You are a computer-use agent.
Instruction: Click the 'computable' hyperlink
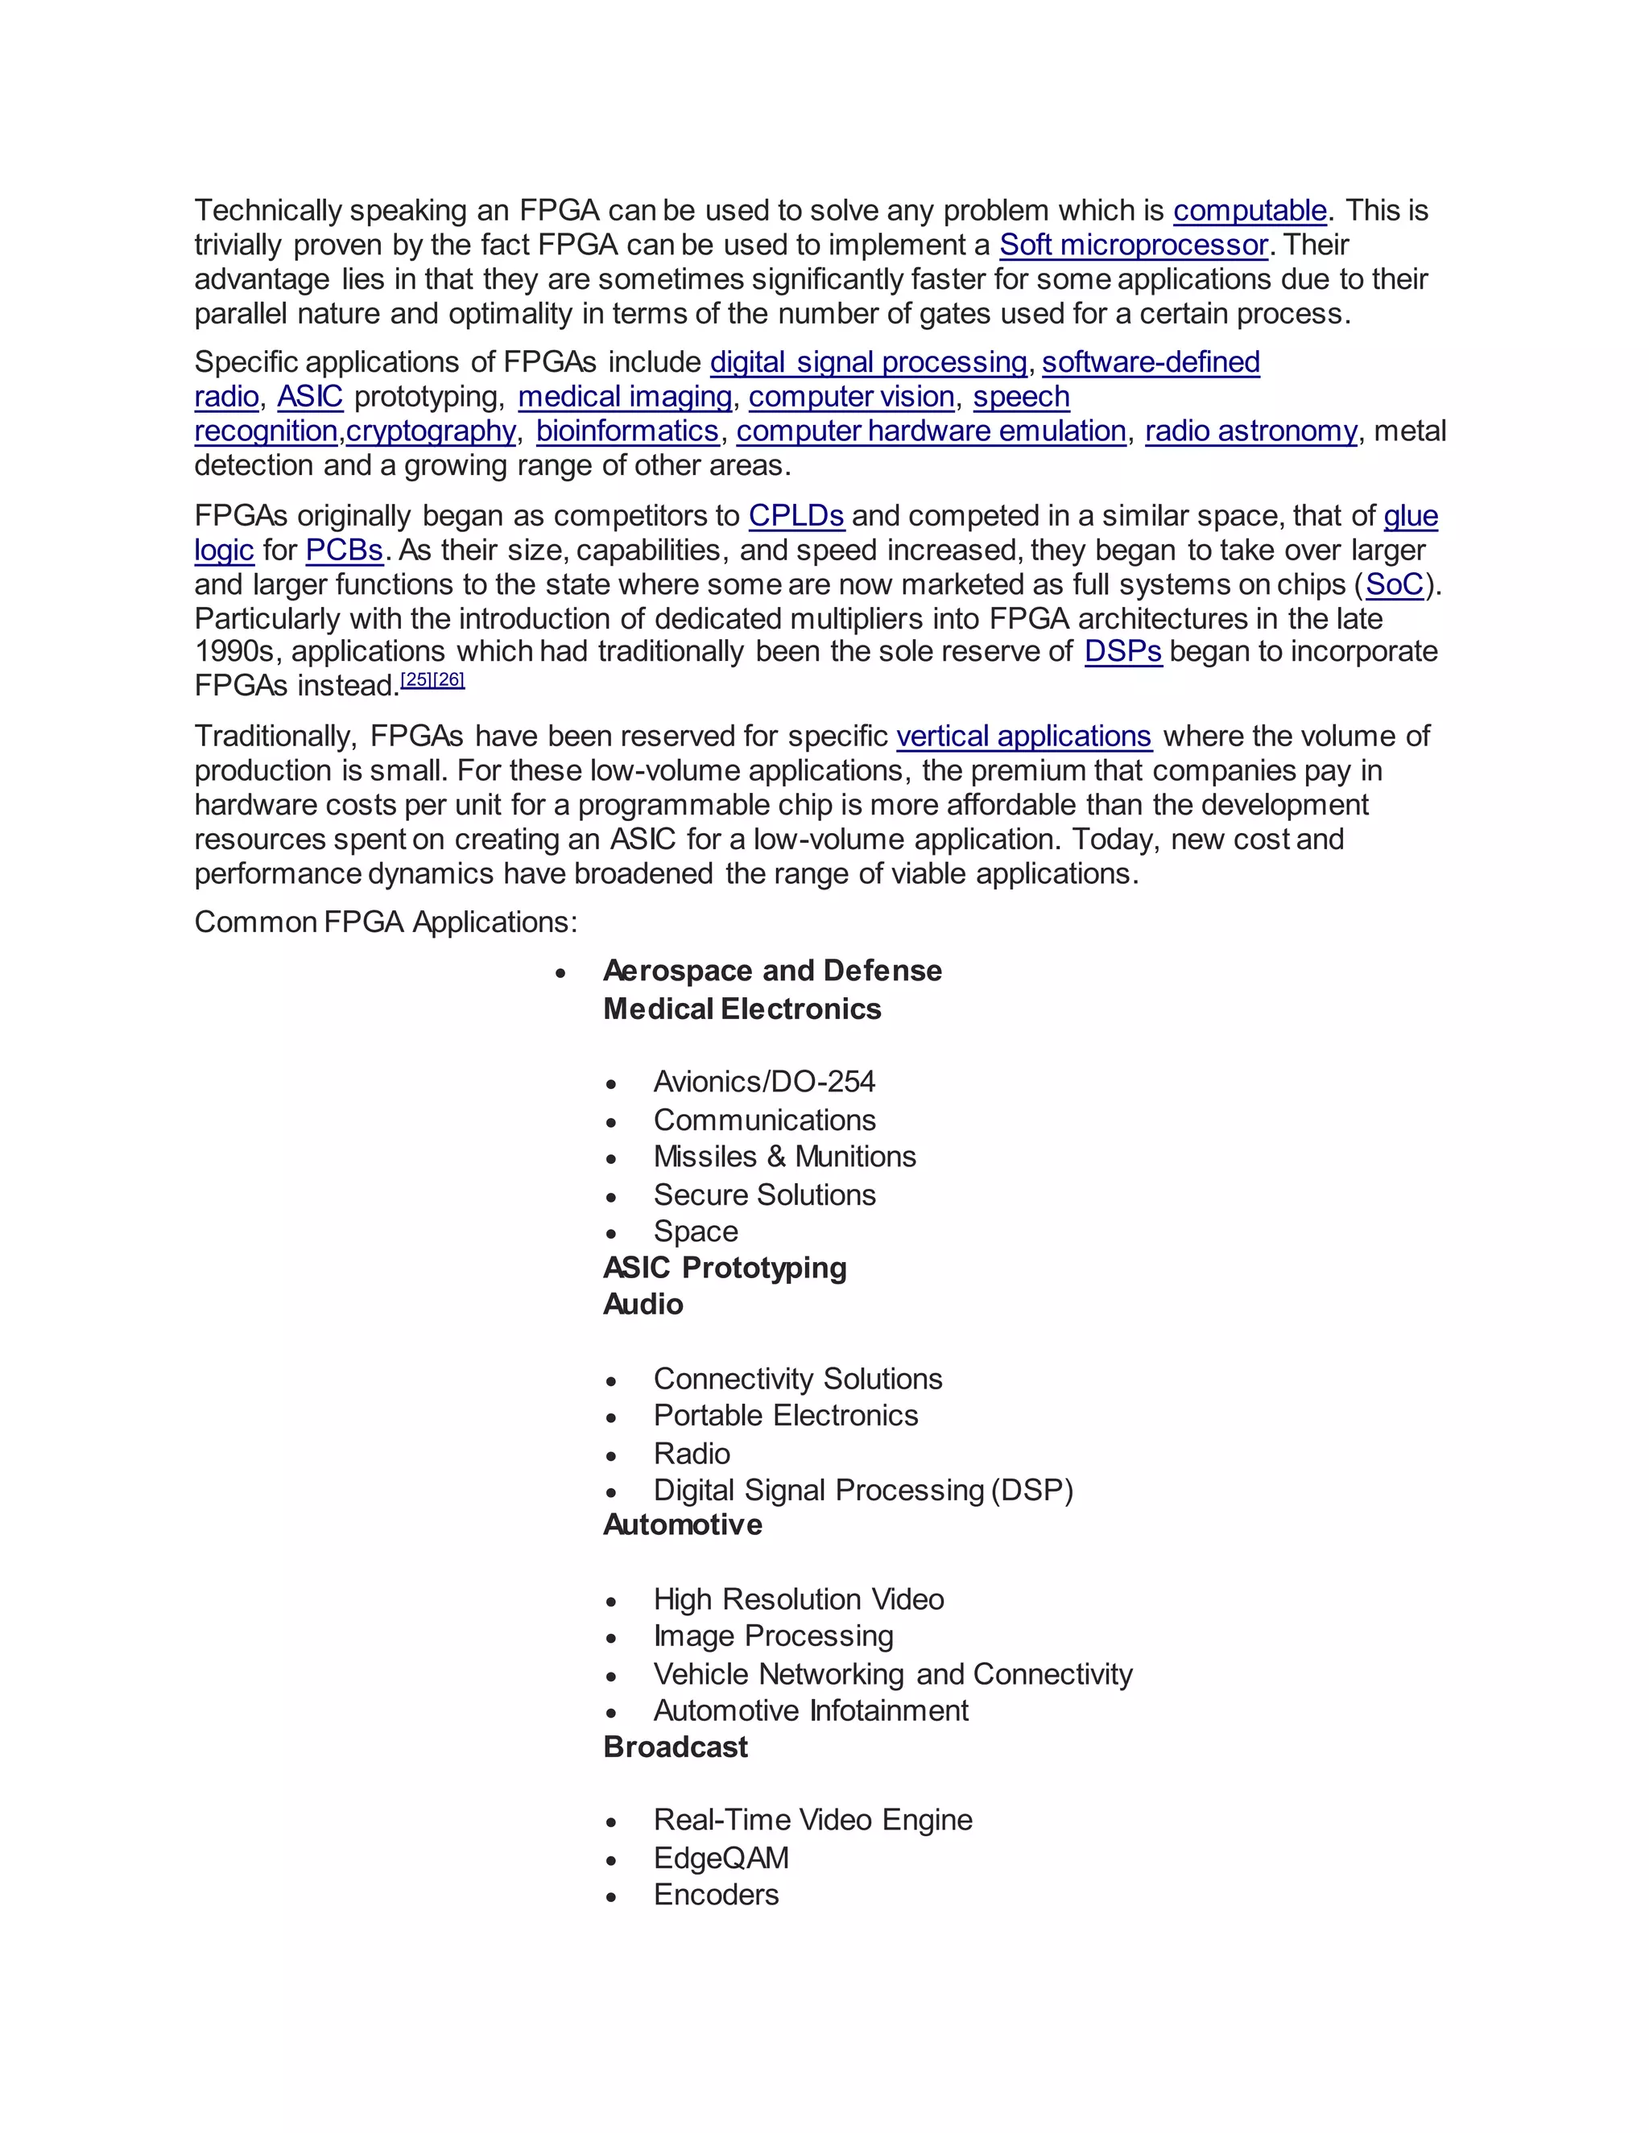(x=1250, y=211)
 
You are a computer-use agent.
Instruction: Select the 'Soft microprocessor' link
(x=1133, y=245)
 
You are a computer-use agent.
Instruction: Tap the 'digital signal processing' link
(x=867, y=362)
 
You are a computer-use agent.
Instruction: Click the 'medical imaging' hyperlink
(x=624, y=397)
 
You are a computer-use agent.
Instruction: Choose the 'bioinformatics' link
(x=627, y=431)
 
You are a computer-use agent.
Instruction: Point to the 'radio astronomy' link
(x=1250, y=431)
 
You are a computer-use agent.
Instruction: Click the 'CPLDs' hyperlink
(x=796, y=516)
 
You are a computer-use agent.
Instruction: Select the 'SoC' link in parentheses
(x=1394, y=584)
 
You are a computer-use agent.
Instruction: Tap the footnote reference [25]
(x=416, y=679)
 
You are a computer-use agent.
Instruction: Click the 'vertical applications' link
(x=1024, y=736)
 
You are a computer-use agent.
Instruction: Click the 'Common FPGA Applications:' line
(x=386, y=922)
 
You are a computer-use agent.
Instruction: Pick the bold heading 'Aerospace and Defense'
(x=771, y=971)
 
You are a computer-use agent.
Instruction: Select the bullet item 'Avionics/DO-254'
(x=764, y=1082)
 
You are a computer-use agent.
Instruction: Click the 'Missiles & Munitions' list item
(x=784, y=1157)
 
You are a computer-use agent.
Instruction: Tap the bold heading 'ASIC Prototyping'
(x=725, y=1268)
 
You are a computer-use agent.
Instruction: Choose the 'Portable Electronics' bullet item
(x=785, y=1415)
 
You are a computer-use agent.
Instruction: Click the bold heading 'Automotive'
(x=682, y=1524)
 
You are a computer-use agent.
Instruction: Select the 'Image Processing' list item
(x=773, y=1636)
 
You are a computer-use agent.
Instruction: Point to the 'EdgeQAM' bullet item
(x=721, y=1858)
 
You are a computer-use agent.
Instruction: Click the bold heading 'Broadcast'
(x=675, y=1747)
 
